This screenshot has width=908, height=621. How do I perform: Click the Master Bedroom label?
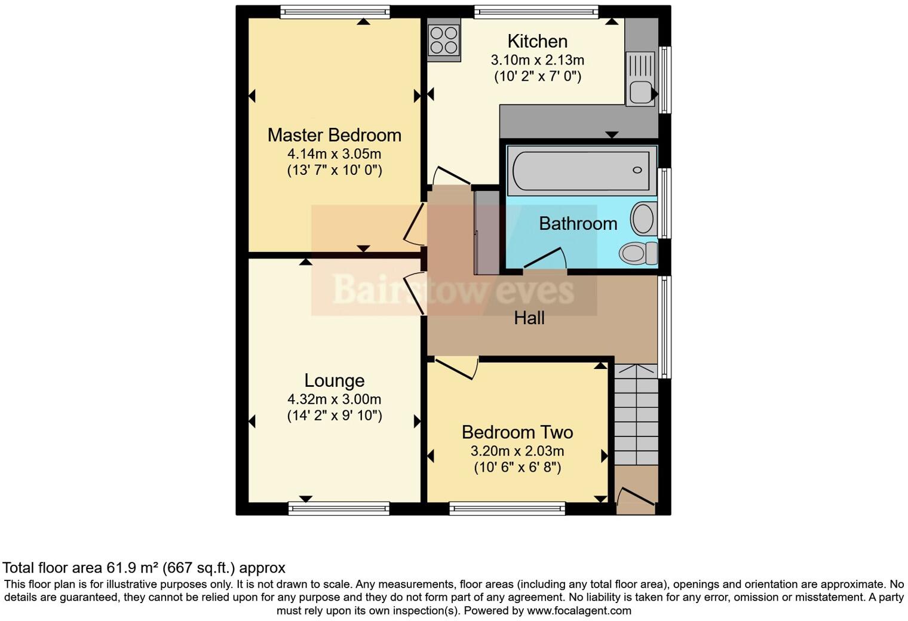(334, 135)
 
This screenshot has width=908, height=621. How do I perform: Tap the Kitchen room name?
(537, 41)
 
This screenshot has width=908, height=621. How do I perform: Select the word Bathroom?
(578, 223)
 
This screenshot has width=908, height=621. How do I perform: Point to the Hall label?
(529, 318)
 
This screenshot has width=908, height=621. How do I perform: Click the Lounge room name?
(334, 380)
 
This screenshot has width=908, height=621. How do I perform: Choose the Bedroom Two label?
(517, 432)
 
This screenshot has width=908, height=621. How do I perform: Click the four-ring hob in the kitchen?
(444, 39)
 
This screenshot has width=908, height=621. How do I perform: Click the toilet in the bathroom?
(637, 253)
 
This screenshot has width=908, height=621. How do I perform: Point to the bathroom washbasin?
(643, 219)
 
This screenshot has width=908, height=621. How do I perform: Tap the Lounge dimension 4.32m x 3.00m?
(334, 399)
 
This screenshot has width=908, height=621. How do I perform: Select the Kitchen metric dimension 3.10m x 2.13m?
(537, 60)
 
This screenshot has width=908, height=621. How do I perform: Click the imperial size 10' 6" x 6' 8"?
(517, 467)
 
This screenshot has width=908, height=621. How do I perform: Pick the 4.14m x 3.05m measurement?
(334, 153)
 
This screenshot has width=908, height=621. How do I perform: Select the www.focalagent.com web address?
(579, 610)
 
